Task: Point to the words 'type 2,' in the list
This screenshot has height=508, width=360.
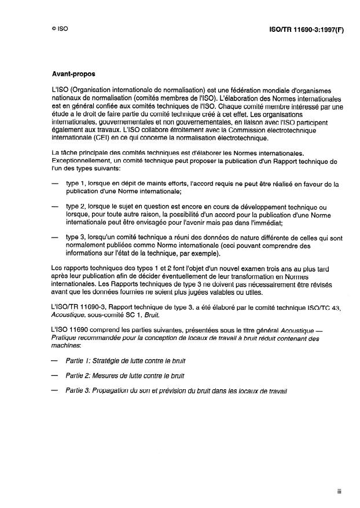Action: point(76,207)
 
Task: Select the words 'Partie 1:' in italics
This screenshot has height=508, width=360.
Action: point(79,360)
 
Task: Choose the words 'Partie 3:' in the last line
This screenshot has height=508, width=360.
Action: point(79,391)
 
